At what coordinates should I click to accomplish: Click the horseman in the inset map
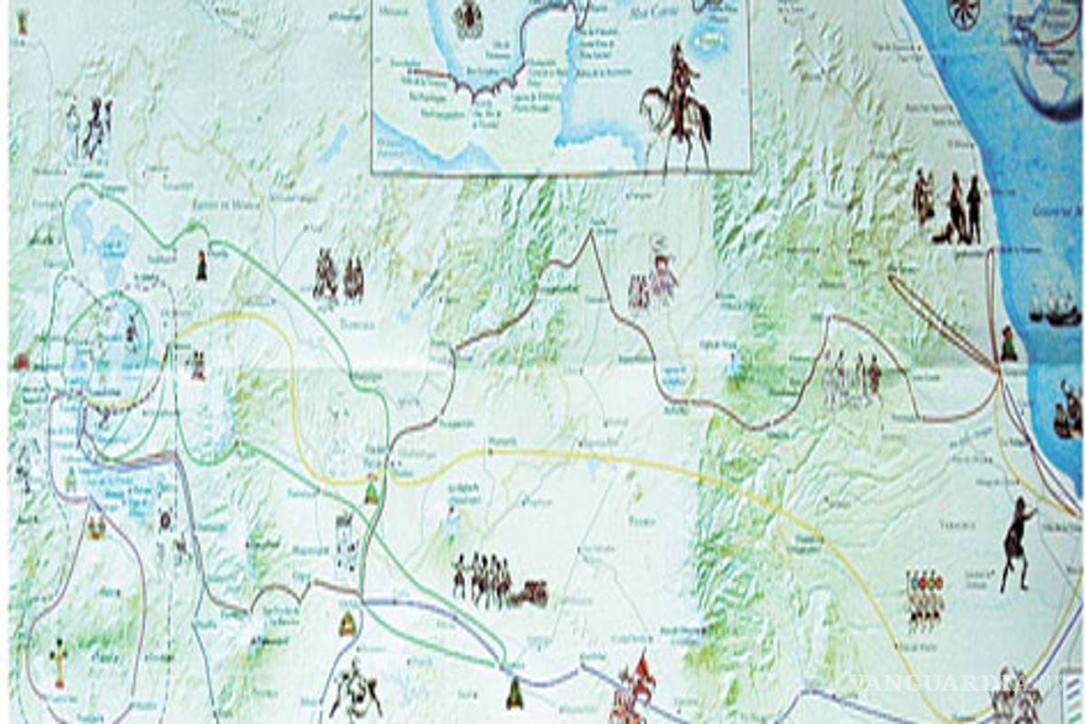click(677, 104)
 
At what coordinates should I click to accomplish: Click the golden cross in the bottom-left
click(60, 662)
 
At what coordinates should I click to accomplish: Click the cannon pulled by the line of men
click(530, 594)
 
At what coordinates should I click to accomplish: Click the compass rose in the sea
click(964, 13)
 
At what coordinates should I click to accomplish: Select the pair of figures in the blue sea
click(1069, 412)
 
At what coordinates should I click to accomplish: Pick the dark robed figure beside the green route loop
click(201, 266)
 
